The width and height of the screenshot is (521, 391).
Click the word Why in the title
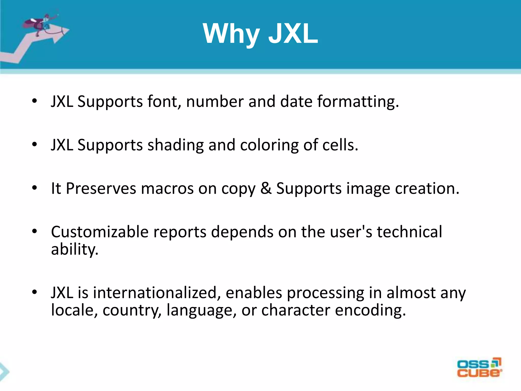(231, 34)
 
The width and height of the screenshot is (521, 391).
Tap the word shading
(176, 145)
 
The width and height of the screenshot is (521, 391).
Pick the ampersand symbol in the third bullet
(266, 189)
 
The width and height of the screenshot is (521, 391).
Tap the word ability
(75, 249)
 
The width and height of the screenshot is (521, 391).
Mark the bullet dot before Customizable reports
(35, 232)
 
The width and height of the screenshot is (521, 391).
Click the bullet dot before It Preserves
(35, 188)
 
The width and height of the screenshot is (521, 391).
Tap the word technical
(409, 232)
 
